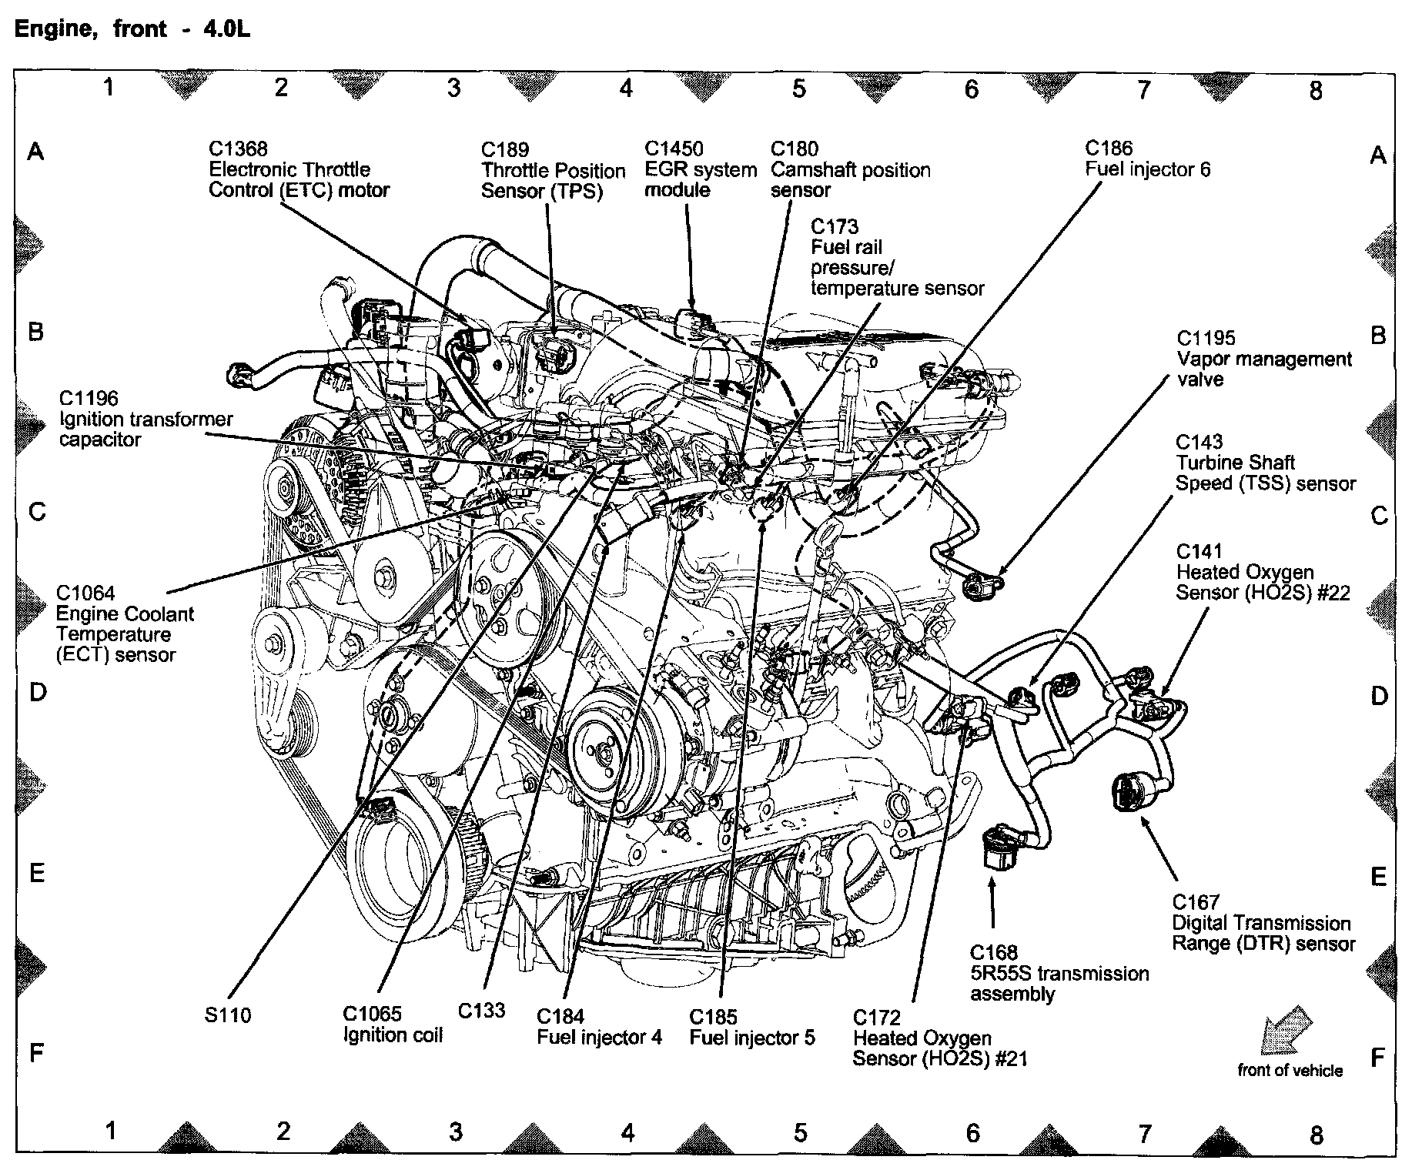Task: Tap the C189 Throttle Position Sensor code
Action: tap(505, 150)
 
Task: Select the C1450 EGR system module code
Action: tap(674, 149)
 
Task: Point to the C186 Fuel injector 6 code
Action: tap(1109, 149)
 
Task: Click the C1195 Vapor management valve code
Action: tap(1206, 339)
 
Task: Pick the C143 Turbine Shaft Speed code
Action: tap(1200, 442)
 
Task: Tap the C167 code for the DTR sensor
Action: tap(1196, 902)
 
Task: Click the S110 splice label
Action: tap(228, 1015)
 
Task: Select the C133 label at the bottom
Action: tap(481, 1010)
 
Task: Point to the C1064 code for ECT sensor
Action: tap(85, 593)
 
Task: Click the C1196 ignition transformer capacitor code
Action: tap(89, 399)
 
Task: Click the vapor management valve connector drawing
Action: tap(983, 587)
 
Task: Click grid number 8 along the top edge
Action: tap(1316, 91)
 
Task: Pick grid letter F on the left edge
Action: tap(36, 1052)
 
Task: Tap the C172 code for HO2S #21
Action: tap(876, 1018)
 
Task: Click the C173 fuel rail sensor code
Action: tap(834, 227)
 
